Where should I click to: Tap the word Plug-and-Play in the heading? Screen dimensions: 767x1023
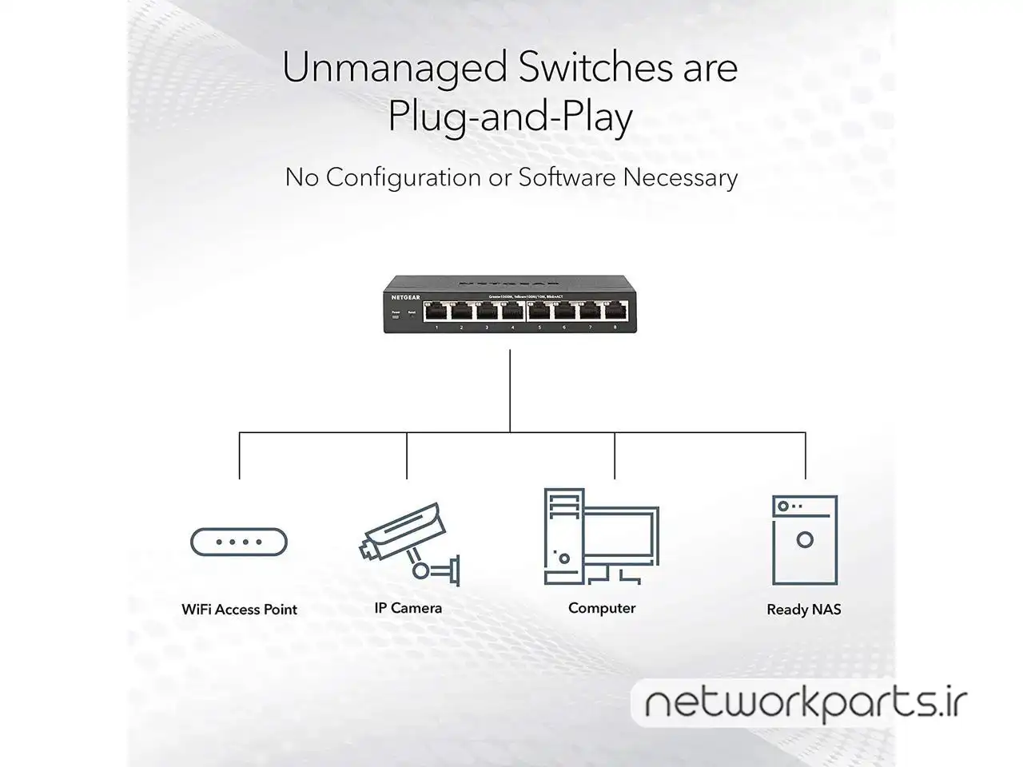510,117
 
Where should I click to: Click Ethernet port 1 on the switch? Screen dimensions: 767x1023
436,312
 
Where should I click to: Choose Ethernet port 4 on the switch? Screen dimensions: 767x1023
512,312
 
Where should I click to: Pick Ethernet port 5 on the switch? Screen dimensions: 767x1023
539,312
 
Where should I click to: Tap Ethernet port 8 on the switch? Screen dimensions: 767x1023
615,312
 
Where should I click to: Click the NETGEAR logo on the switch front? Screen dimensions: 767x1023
405,297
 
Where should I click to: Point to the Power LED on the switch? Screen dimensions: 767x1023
395,316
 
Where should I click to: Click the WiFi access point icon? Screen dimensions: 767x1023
239,542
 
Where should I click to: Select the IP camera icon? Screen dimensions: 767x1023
408,543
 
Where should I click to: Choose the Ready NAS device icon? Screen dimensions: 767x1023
805,540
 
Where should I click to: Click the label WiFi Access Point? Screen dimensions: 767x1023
239,610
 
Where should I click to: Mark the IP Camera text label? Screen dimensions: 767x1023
408,608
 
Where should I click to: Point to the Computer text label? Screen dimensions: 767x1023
602,608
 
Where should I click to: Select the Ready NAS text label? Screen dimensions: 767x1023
804,610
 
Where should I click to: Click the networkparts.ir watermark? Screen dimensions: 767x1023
805,704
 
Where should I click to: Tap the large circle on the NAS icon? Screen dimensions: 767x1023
805,539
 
